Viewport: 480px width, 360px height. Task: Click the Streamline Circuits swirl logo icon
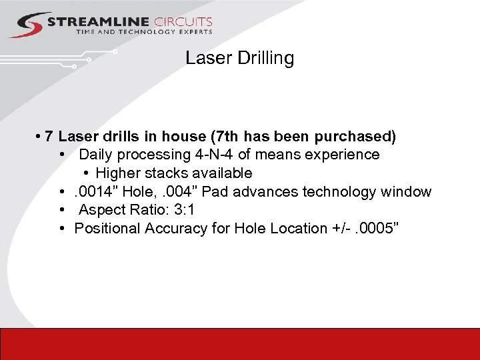coord(27,25)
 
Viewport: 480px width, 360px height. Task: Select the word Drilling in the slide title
coord(265,58)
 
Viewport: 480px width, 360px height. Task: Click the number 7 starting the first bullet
coord(49,137)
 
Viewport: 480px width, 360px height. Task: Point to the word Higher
coord(118,173)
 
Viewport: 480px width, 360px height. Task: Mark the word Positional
coord(108,229)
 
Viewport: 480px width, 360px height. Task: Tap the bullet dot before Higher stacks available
coord(87,173)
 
